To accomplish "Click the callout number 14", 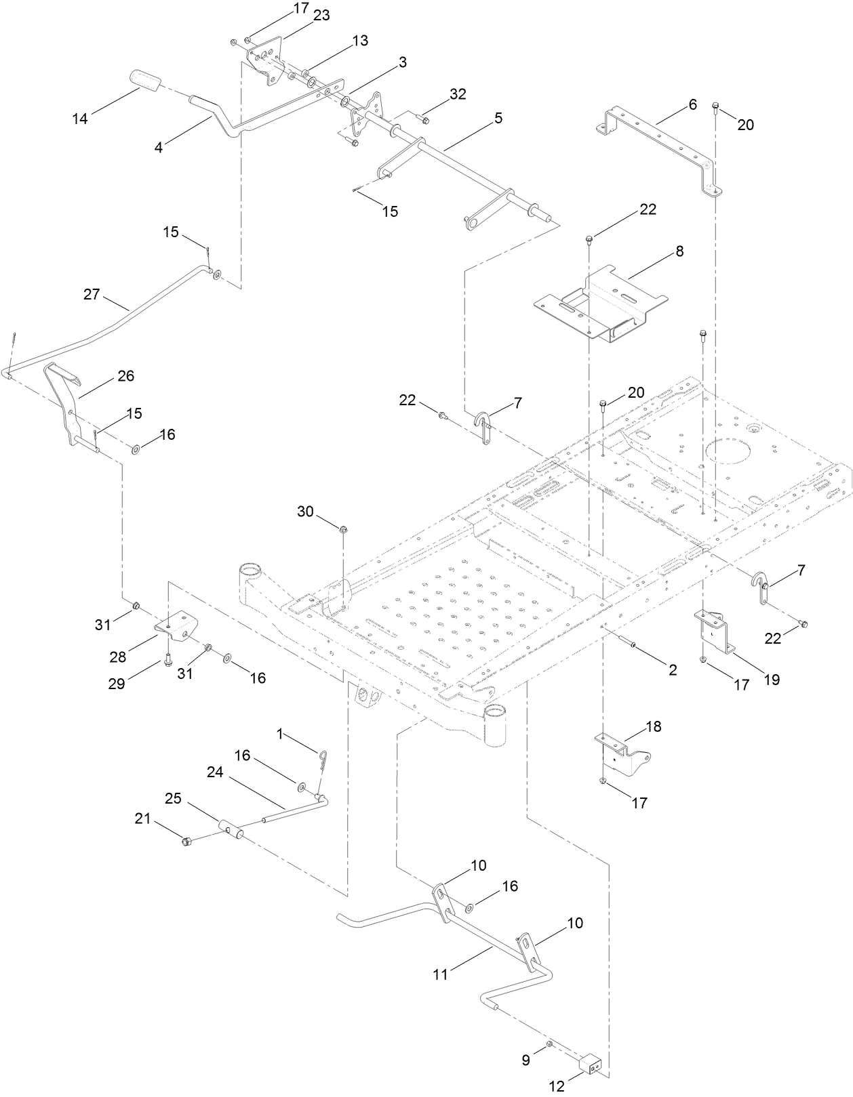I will click(x=80, y=119).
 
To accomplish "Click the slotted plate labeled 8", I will click(x=597, y=301).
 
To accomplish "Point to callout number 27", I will click(x=92, y=294).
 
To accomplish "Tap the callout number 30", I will click(x=306, y=511).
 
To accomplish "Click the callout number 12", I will click(x=556, y=1087).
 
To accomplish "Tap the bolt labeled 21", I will click(x=186, y=841).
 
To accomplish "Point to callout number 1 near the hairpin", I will click(x=281, y=734).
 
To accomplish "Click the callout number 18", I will click(x=654, y=726).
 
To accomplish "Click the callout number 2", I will click(x=673, y=669).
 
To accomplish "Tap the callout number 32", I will click(x=458, y=94).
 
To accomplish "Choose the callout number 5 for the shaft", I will click(x=498, y=118).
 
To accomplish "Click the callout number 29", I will click(x=117, y=684).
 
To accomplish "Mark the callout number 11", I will click(x=441, y=974).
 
